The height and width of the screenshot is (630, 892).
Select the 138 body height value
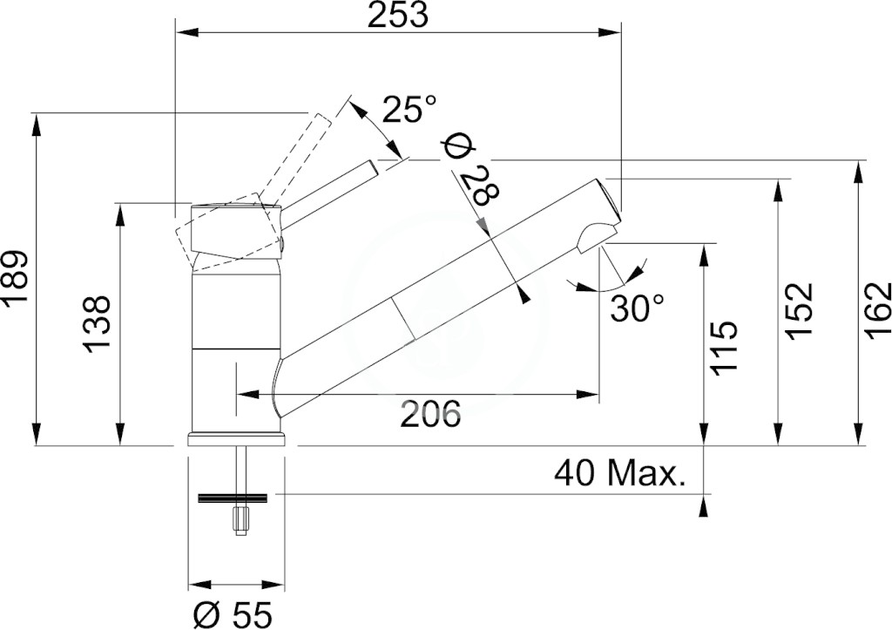[96, 324]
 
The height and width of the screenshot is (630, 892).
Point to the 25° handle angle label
[409, 109]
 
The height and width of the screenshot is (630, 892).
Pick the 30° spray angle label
[638, 308]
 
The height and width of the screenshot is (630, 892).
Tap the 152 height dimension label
[801, 311]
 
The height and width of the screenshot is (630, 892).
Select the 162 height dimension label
[877, 311]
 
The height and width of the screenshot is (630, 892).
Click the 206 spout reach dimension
[430, 414]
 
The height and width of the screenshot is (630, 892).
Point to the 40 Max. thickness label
[619, 473]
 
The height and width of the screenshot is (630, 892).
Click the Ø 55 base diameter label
[233, 614]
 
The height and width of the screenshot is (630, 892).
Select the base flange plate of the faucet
[235, 440]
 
